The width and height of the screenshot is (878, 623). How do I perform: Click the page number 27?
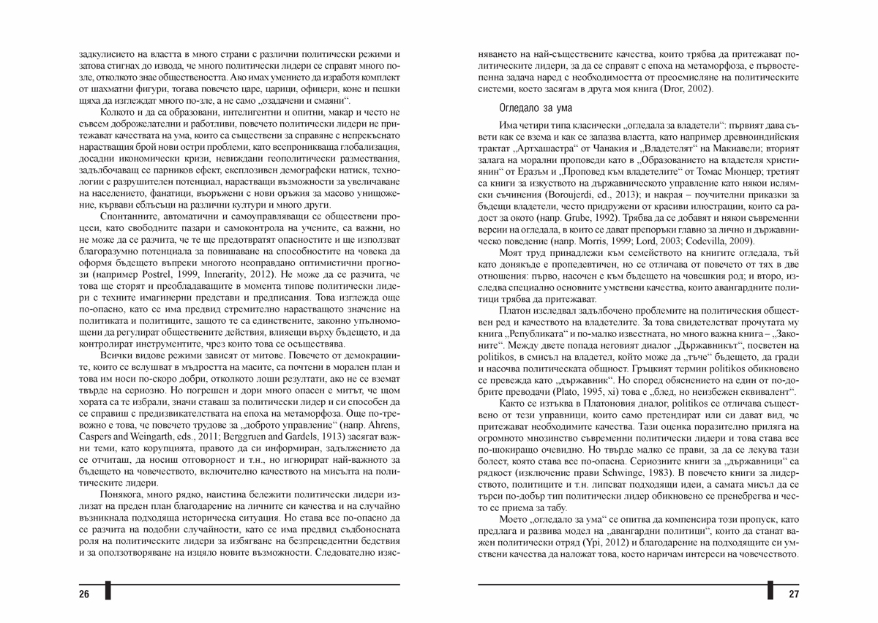pyautogui.click(x=793, y=593)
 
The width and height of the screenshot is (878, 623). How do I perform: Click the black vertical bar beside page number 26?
pyautogui.click(x=108, y=591)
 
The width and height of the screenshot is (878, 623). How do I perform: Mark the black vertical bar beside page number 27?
pyautogui.click(x=770, y=591)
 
